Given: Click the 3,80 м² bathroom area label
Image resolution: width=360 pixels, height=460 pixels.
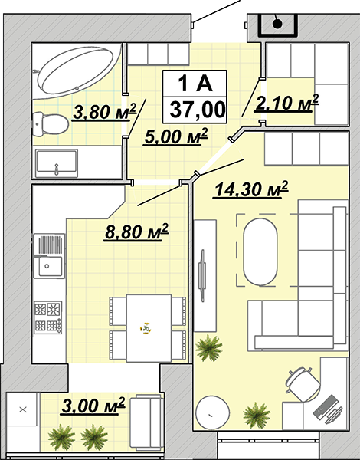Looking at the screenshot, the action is (x=105, y=112).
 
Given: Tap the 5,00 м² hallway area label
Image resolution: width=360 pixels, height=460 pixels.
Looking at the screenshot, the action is (x=176, y=136).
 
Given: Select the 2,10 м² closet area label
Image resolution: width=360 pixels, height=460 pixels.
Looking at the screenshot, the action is (x=286, y=103).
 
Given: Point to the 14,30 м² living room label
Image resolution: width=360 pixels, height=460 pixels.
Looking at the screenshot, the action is (x=251, y=189).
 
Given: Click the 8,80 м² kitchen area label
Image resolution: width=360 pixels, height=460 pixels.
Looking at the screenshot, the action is (x=136, y=232).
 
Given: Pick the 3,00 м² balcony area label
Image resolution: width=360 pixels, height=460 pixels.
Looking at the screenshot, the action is (x=93, y=406).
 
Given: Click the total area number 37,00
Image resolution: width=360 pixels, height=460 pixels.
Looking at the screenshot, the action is (x=198, y=110).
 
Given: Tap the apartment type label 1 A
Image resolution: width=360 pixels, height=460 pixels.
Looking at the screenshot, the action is (x=195, y=84).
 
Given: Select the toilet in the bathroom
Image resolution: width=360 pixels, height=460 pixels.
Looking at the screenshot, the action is (x=50, y=124).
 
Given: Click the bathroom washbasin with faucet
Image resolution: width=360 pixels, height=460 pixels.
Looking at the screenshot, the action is (x=56, y=163).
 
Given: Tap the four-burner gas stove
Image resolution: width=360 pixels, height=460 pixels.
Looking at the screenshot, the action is (x=47, y=317).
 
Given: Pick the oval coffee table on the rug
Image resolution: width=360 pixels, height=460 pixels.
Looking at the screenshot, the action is (x=260, y=251).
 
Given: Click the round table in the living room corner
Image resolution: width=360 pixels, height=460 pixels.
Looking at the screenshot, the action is (x=212, y=412).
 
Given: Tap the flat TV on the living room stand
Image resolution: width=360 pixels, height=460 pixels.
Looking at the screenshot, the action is (x=201, y=275).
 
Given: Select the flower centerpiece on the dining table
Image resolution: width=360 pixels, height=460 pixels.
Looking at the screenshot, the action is (x=146, y=328).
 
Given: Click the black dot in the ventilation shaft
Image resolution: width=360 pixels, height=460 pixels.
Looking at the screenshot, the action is (x=277, y=24).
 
